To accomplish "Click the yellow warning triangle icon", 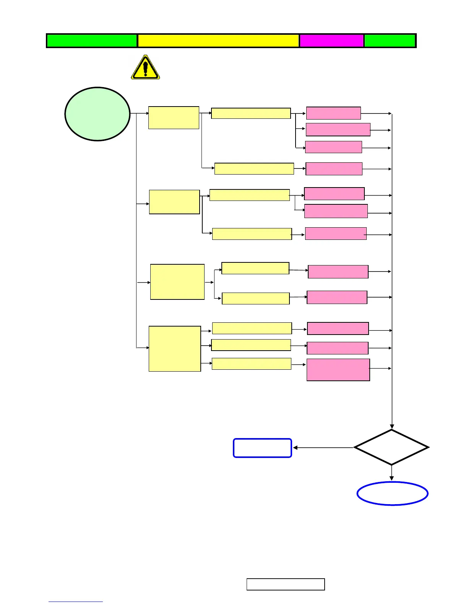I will [x=145, y=68].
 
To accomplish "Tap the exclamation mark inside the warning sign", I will [x=145, y=68].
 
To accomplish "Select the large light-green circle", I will [x=97, y=114].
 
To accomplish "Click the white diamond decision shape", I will [x=392, y=447].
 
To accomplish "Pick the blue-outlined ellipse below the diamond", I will [x=392, y=493].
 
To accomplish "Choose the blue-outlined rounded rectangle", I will [x=262, y=448].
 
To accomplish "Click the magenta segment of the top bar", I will [x=331, y=40].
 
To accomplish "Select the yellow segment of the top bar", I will [x=218, y=40].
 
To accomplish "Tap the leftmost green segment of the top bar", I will [x=92, y=40].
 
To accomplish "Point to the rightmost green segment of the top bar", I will [x=390, y=40].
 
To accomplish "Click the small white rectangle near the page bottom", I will [x=286, y=584].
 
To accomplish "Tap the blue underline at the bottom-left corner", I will [x=75, y=602].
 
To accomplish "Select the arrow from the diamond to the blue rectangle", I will [x=323, y=448].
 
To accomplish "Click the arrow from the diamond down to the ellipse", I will [x=392, y=473].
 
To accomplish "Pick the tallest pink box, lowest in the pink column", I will [x=338, y=370].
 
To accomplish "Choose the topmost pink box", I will [x=333, y=113].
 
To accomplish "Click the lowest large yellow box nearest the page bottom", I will [x=175, y=349].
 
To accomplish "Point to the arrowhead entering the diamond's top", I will [x=392, y=426].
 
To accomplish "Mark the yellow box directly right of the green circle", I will [x=174, y=118].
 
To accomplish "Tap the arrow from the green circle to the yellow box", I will [x=140, y=113].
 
